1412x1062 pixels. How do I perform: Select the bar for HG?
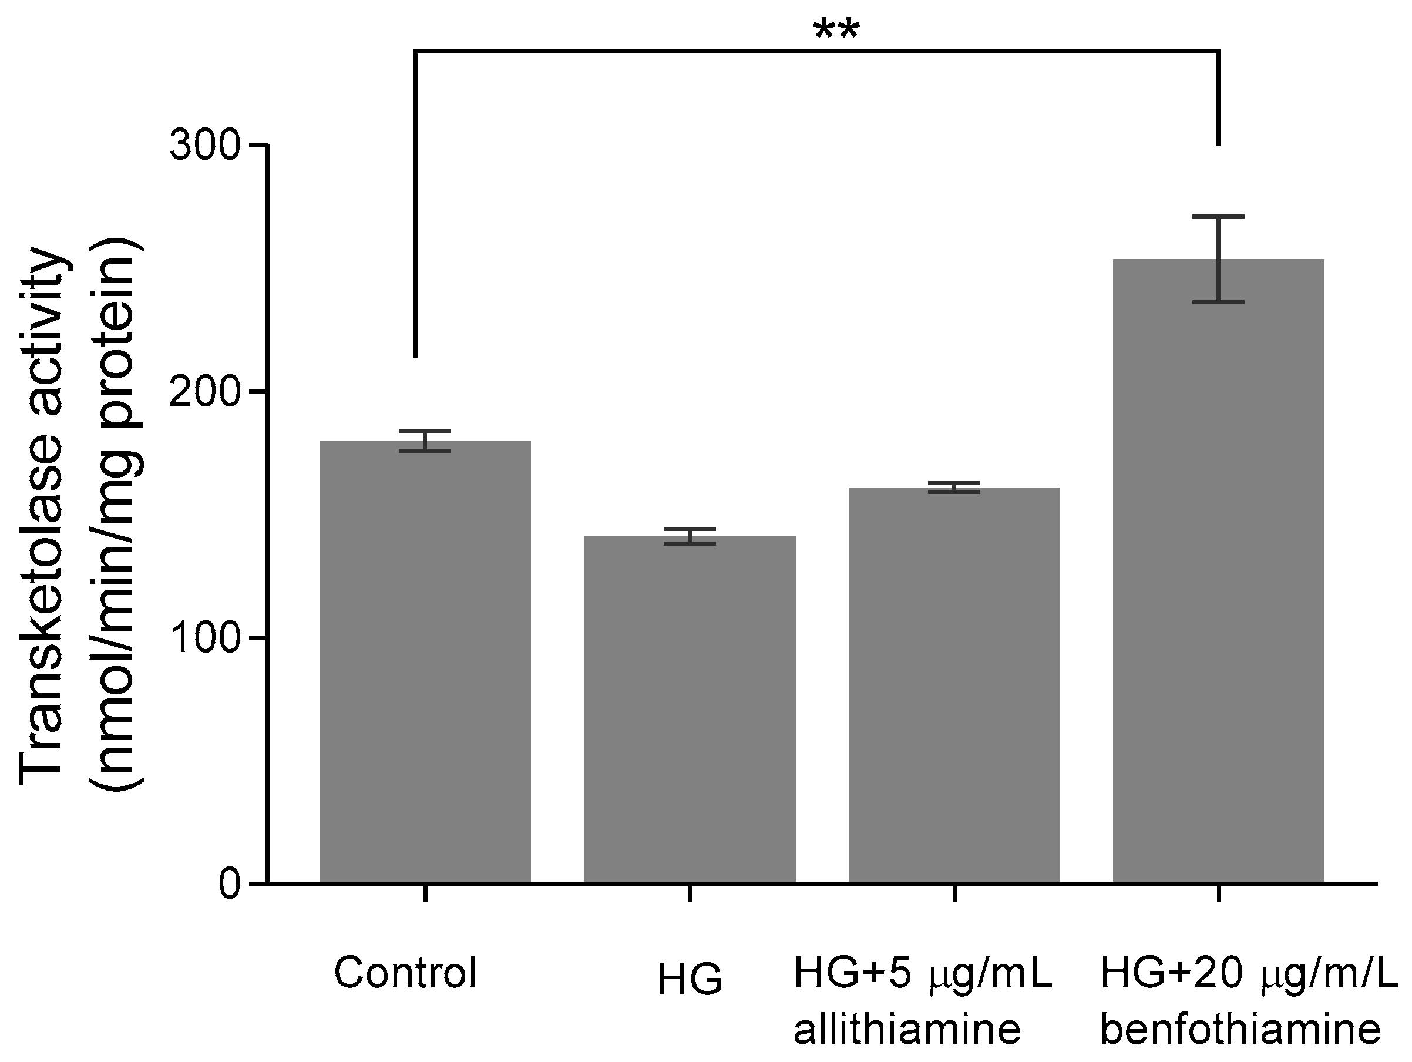tap(690, 708)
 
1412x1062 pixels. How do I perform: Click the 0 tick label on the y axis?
tap(230, 884)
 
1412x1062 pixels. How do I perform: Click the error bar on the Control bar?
tap(425, 441)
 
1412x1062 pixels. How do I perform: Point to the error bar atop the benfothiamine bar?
tap(1218, 259)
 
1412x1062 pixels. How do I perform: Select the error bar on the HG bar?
tap(690, 536)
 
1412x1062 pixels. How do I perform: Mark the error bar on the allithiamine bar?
tap(954, 488)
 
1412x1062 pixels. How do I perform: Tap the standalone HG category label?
tap(690, 980)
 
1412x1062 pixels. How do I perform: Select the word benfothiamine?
tap(1240, 1029)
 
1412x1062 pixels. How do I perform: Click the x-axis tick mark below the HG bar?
tap(690, 893)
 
